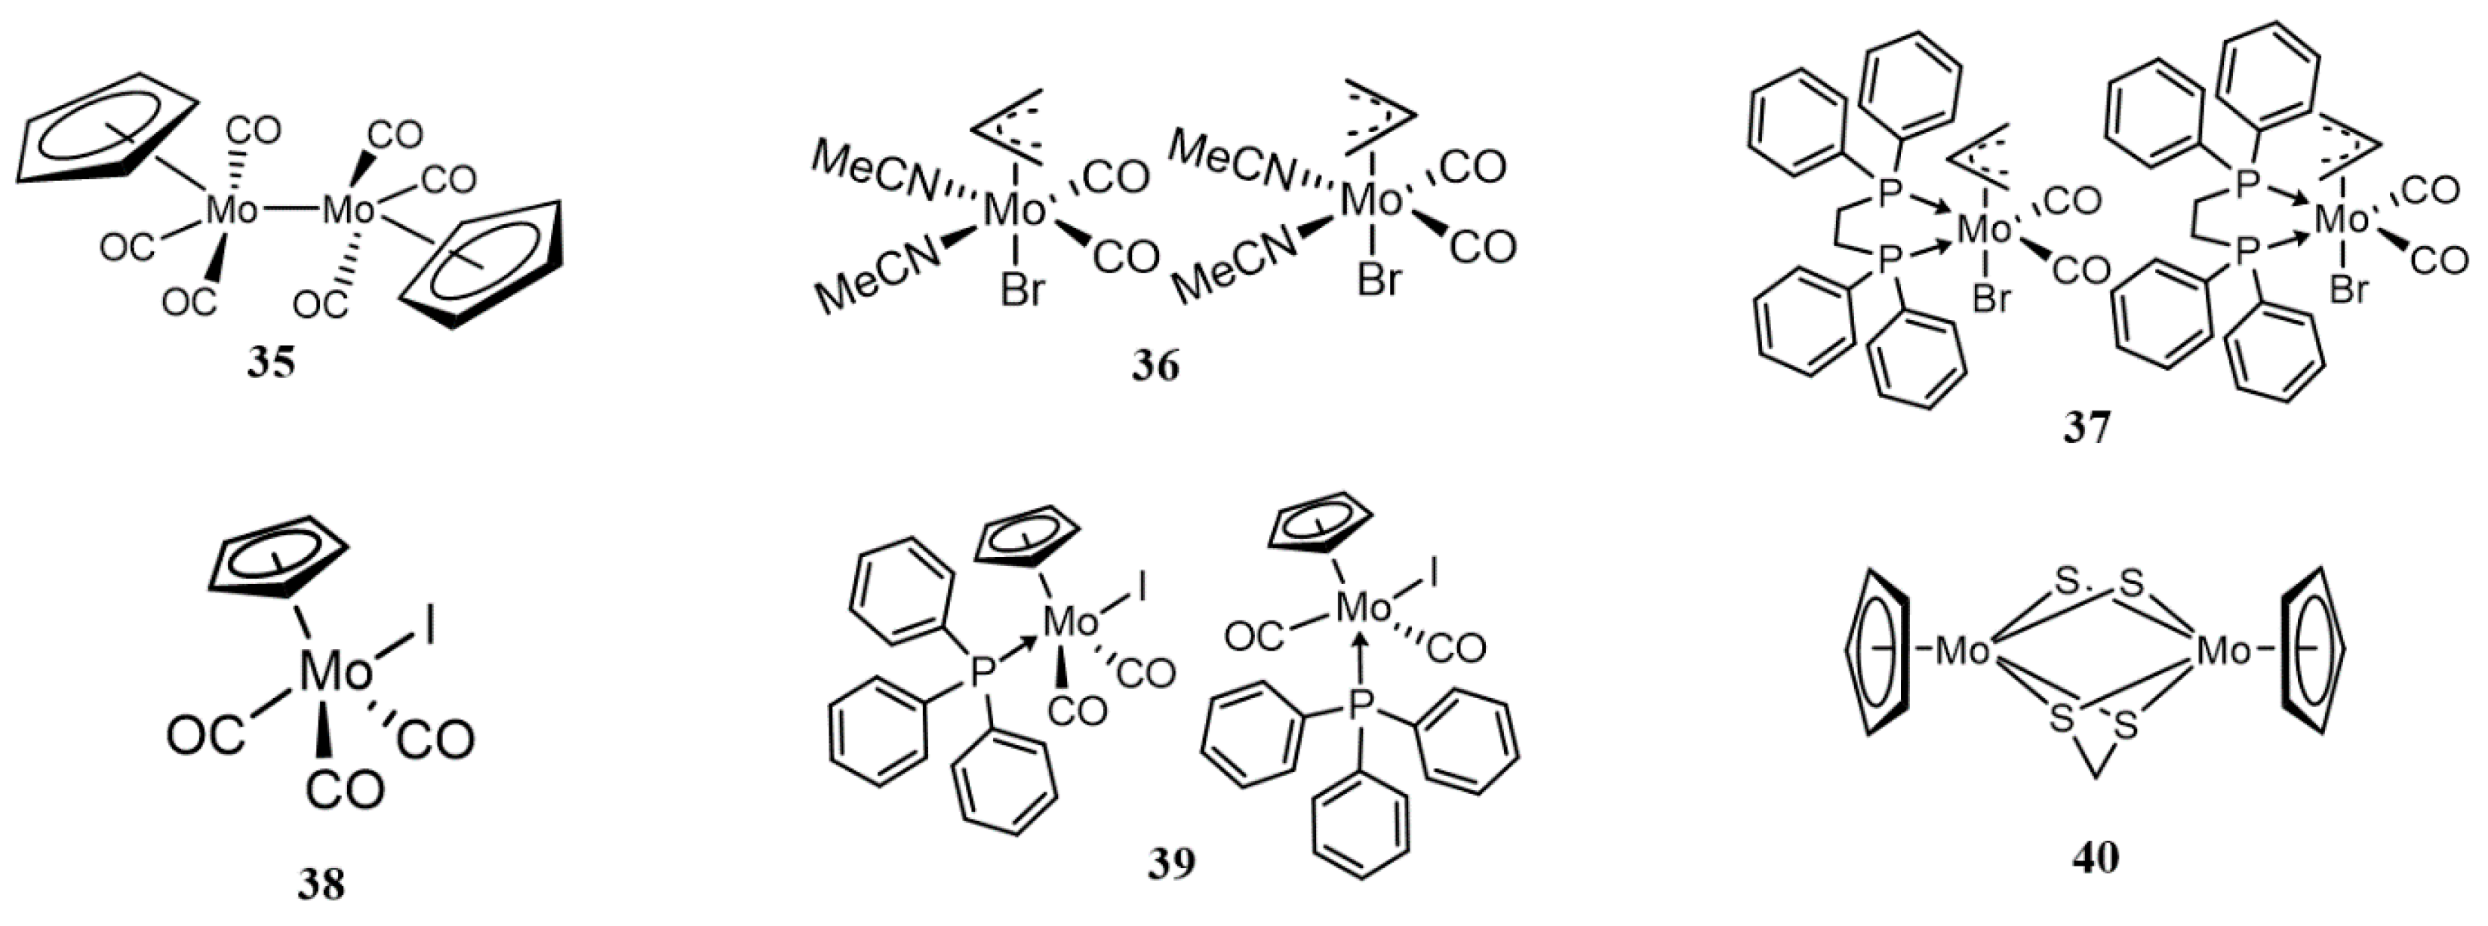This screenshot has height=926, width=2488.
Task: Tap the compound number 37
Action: coord(2087,426)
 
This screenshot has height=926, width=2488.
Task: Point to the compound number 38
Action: coord(321,882)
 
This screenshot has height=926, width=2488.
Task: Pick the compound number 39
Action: coord(1170,863)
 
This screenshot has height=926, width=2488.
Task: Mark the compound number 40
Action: coord(2095,857)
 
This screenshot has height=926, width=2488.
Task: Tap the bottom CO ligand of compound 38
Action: coord(345,790)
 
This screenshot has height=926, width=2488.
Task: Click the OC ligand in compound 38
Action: coord(205,737)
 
